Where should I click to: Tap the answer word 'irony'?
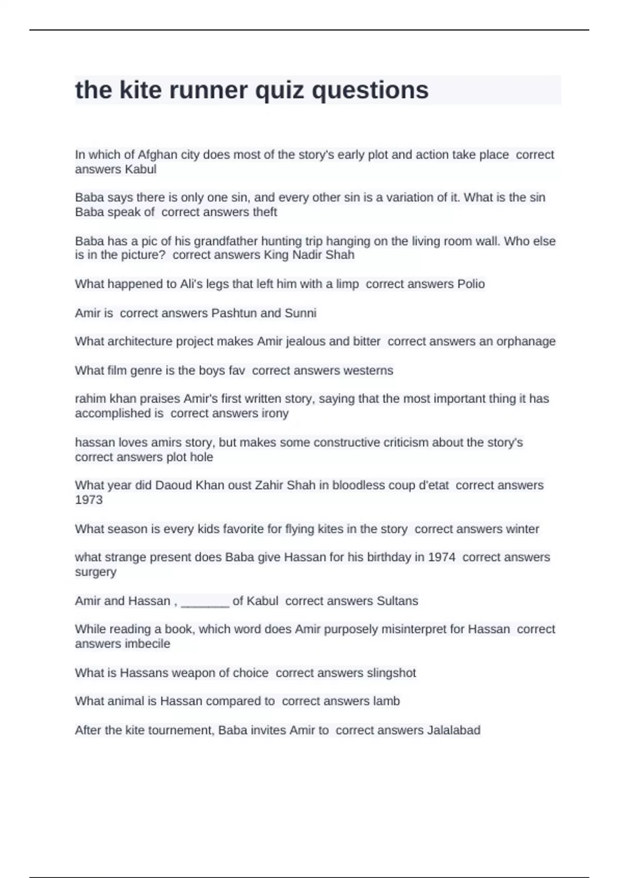coord(275,413)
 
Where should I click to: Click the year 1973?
coord(89,500)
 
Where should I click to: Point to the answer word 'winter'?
coord(523,529)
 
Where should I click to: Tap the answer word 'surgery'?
coord(95,572)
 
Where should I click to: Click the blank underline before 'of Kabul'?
coord(205,602)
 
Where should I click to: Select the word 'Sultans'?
coord(397,601)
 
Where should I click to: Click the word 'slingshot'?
coord(391,673)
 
